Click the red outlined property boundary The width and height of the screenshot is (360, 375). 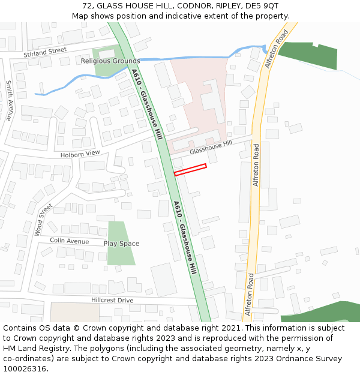(x=190, y=170)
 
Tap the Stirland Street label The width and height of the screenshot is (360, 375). (x=45, y=53)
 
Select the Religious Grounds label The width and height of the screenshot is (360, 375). (x=110, y=61)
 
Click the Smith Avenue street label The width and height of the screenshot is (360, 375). (x=9, y=101)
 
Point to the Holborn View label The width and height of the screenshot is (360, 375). (x=80, y=154)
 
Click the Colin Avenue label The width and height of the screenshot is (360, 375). (x=69, y=241)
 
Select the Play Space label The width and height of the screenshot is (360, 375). (x=121, y=244)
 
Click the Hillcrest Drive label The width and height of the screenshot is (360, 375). (x=112, y=300)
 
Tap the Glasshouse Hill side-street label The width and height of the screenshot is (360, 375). (x=211, y=148)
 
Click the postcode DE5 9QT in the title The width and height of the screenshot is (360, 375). (x=262, y=6)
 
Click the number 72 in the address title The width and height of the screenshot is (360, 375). (x=88, y=6)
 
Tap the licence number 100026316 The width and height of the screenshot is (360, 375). (x=24, y=369)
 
